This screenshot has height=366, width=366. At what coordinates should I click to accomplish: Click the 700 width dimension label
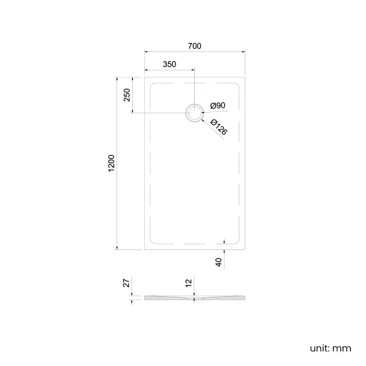click(195, 46)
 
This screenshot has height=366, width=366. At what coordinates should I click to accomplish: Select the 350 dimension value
click(169, 64)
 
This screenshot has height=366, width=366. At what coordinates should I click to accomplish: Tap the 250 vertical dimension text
click(127, 95)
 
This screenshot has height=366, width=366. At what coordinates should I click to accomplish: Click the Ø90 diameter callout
click(218, 106)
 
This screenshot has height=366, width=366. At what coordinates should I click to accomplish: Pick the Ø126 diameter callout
click(218, 127)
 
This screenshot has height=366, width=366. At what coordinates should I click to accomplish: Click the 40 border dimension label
click(219, 262)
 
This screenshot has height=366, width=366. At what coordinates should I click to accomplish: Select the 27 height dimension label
click(127, 283)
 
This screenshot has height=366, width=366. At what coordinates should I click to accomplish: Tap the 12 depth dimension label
click(189, 283)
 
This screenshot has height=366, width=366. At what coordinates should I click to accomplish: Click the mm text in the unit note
click(342, 349)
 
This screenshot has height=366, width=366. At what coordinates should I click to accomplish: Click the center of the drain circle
click(194, 113)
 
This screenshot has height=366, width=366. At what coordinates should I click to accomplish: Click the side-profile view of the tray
click(194, 298)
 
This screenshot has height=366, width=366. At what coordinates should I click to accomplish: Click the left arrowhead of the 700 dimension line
click(146, 52)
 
